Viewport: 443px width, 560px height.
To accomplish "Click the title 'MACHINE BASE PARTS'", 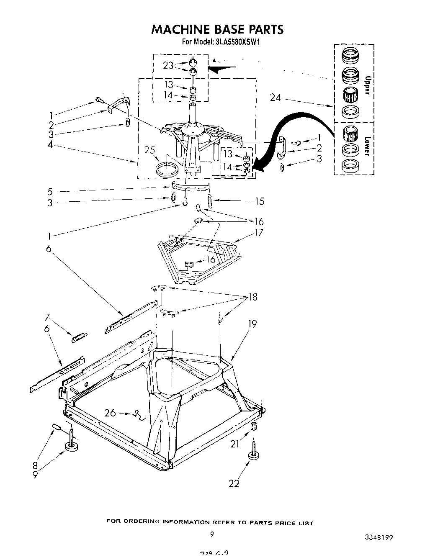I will coord(217,29).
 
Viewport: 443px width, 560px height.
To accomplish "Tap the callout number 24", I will coord(275,98).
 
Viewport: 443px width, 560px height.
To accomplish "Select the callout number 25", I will coord(149,149).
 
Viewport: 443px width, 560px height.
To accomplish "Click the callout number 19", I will coord(252,324).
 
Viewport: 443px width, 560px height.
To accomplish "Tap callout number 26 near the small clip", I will coord(110,413).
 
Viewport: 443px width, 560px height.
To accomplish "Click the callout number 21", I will coord(234,444).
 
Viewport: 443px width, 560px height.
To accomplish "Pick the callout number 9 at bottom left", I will coord(36,475).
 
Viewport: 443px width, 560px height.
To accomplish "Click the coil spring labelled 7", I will coord(79,337).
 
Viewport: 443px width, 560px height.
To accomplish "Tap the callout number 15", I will coord(259,201).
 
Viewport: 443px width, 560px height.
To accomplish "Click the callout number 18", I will coord(252,297).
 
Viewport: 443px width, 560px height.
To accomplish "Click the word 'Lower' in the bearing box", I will coord(368,146).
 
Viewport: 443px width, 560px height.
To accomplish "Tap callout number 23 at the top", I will coord(168,65).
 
